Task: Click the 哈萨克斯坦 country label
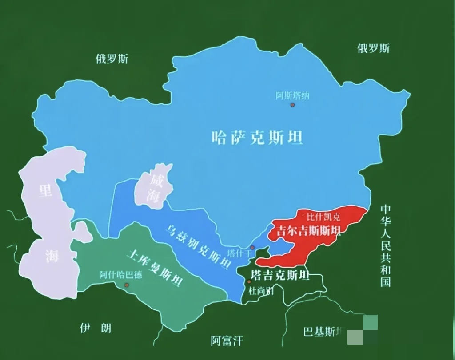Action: click(258, 138)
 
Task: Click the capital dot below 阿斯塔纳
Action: click(292, 105)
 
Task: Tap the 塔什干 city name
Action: click(239, 253)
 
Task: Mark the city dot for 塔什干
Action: click(252, 247)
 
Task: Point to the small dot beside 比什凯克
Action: click(303, 215)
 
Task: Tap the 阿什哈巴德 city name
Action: click(120, 275)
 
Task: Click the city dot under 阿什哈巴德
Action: click(127, 285)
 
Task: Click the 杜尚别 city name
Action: click(261, 291)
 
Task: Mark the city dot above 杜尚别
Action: click(249, 281)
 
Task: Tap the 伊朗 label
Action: click(96, 328)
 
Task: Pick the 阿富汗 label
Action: click(227, 340)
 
